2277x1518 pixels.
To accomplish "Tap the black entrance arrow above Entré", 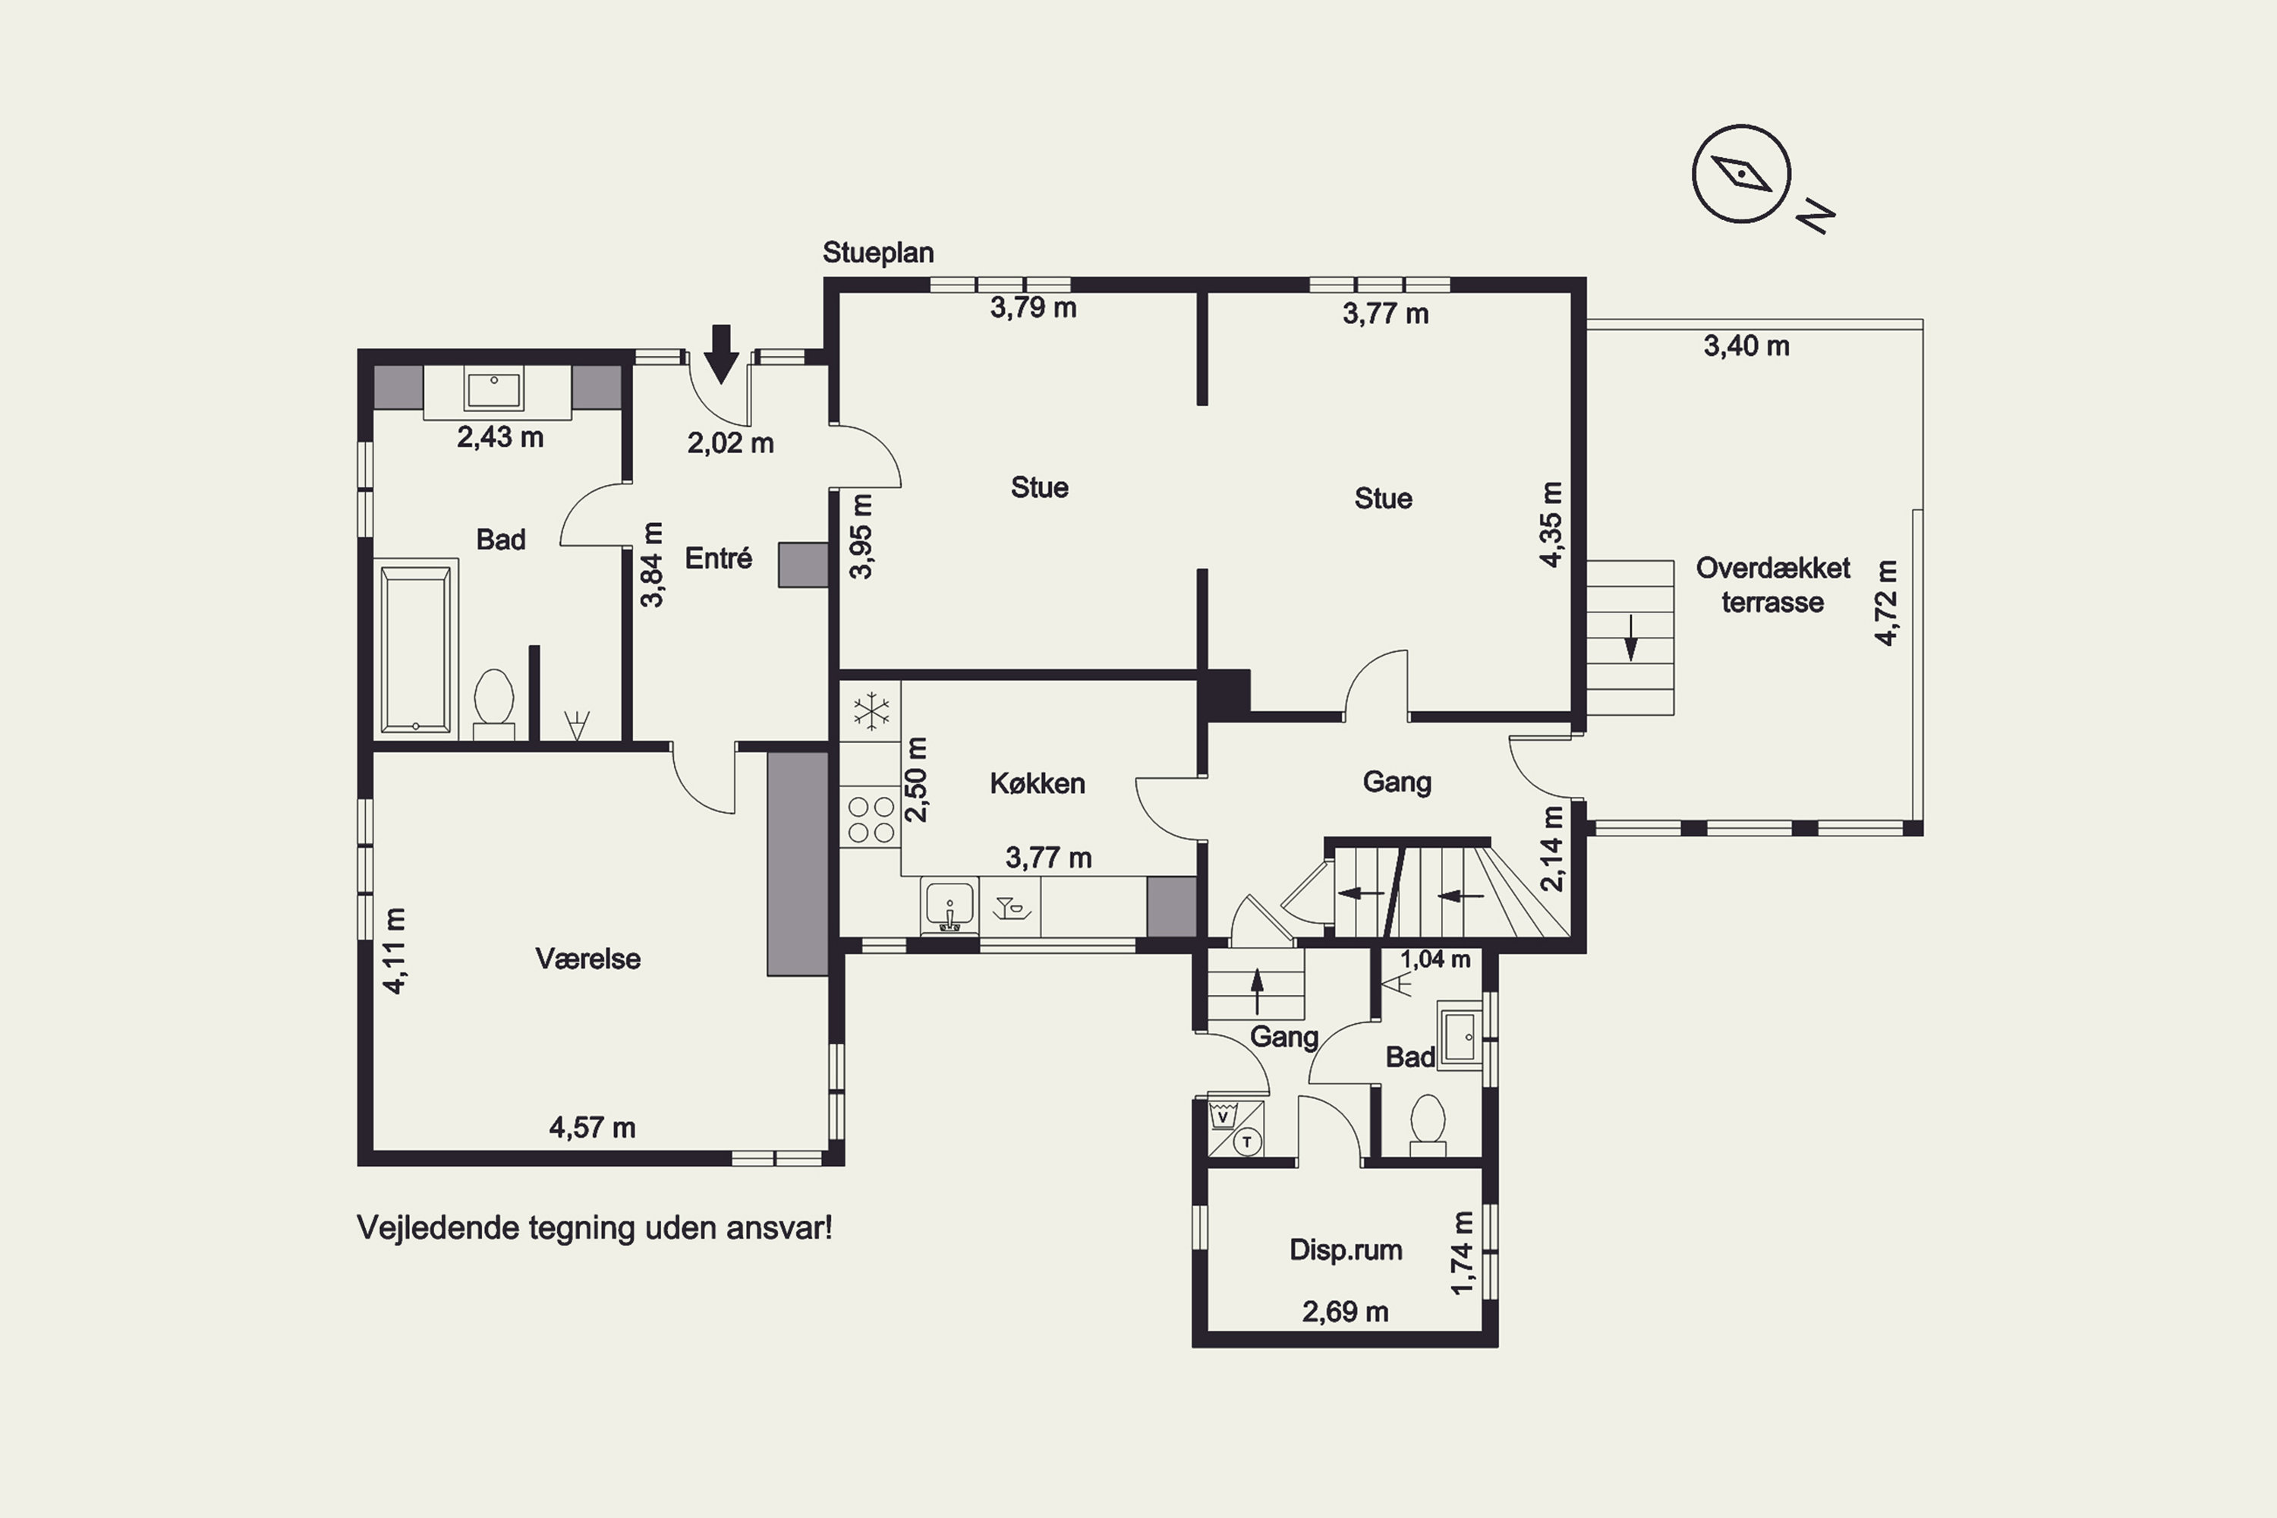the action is pyautogui.click(x=721, y=354).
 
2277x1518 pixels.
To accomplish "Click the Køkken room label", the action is pyautogui.click(x=1037, y=783).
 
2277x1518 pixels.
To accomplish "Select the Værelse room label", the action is pyautogui.click(x=587, y=959).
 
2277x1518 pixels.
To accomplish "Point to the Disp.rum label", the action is pyautogui.click(x=1346, y=1250).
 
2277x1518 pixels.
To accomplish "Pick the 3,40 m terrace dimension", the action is pyautogui.click(x=1746, y=345).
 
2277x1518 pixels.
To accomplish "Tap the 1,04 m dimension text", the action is pyautogui.click(x=1436, y=959).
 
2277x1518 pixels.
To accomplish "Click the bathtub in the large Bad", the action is pyautogui.click(x=415, y=649).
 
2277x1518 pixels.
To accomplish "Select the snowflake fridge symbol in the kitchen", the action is pyautogui.click(x=871, y=712).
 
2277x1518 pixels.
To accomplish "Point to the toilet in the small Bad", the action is pyautogui.click(x=1428, y=1124).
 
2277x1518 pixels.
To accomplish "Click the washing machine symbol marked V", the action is pyautogui.click(x=1224, y=1115).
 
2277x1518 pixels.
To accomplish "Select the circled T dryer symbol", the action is pyautogui.click(x=1247, y=1142).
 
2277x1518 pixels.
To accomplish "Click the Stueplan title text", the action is pyautogui.click(x=878, y=253).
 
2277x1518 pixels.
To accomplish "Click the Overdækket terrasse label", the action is pyautogui.click(x=1772, y=584).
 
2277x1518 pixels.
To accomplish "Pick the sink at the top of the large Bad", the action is pyautogui.click(x=495, y=391).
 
